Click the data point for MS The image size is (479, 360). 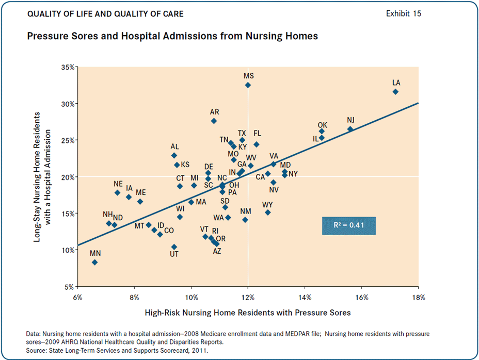(248, 85)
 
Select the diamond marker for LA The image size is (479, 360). (395, 92)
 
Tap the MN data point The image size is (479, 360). (95, 262)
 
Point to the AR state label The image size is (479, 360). (215, 111)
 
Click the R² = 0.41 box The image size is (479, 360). (348, 226)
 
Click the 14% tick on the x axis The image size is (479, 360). (305, 298)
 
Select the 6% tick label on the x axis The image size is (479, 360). (78, 298)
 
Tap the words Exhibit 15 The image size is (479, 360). (404, 14)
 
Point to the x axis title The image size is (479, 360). (248, 313)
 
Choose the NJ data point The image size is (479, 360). (350, 129)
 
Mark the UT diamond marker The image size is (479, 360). (174, 247)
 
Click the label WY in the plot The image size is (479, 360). (267, 205)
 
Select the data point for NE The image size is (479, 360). (118, 192)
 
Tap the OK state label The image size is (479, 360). (323, 125)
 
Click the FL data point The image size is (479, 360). (257, 144)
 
